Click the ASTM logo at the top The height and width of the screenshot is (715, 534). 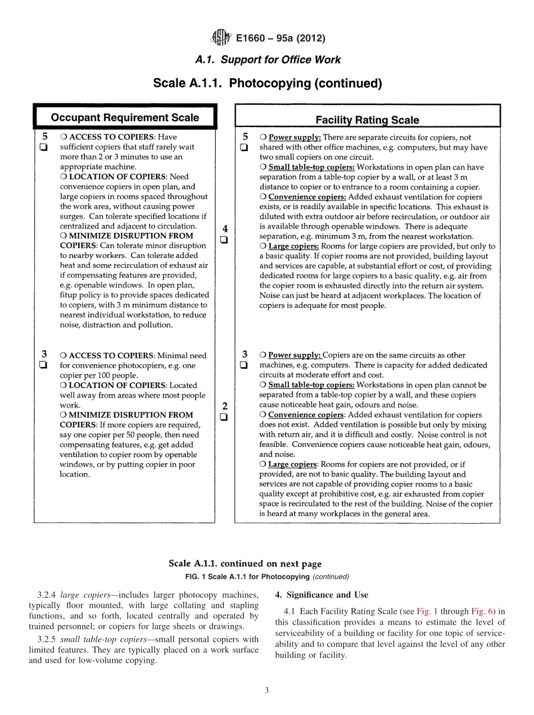click(x=220, y=38)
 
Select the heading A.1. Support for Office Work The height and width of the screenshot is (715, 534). click(x=267, y=60)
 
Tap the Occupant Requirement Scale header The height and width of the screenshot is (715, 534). click(x=125, y=117)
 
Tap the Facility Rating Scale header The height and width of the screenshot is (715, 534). click(x=367, y=120)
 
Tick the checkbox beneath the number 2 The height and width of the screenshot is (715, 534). click(x=224, y=417)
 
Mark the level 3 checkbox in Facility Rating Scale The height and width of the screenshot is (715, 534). click(x=245, y=365)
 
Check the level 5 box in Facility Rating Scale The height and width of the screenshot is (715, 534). click(x=245, y=148)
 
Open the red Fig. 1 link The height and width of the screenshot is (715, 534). click(x=428, y=612)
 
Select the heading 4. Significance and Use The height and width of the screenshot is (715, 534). click(x=322, y=595)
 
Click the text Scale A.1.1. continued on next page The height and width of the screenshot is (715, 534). click(x=245, y=564)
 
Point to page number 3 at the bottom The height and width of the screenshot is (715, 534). click(x=266, y=691)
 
